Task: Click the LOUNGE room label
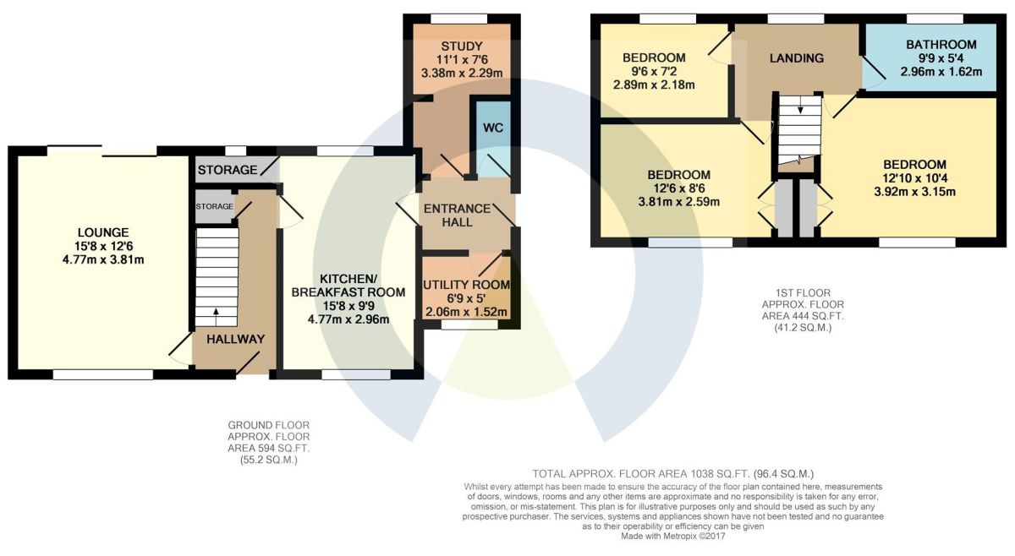coord(103,232)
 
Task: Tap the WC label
coord(493,128)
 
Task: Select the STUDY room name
coord(462,46)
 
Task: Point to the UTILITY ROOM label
coord(466,285)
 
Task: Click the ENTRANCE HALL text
coord(458,215)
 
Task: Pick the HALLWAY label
coord(236,339)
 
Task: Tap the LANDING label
coord(797,58)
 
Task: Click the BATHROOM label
coord(941,45)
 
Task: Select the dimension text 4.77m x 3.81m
coord(103,260)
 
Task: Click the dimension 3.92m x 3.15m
coord(915,192)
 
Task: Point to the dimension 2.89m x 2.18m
coord(654,84)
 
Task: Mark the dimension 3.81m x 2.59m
coord(678,201)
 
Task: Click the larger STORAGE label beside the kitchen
coord(228,170)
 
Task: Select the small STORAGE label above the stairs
coord(214,206)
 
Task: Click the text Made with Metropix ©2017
coord(673,537)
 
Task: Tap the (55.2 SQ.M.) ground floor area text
coord(269,461)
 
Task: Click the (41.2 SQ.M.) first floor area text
coord(803,328)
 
